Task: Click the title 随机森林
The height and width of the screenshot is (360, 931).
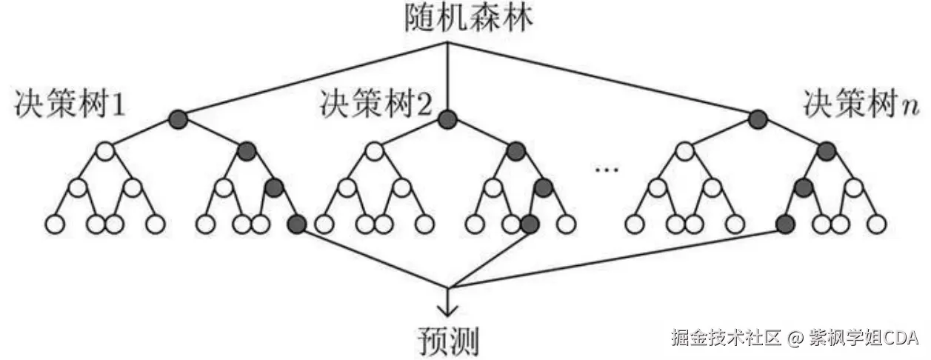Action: pos(447,18)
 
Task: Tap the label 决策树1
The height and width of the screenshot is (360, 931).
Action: pos(70,106)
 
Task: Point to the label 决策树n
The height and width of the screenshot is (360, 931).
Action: pos(860,106)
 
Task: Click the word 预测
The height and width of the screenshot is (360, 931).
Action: pos(446,340)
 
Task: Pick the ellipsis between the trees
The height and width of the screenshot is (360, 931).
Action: pos(607,170)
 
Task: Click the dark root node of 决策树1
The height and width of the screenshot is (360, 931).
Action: pos(177,119)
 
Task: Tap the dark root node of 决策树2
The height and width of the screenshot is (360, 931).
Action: pos(447,119)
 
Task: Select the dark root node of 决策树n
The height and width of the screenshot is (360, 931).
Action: pos(757,119)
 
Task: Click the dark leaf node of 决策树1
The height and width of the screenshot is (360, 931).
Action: pos(297,222)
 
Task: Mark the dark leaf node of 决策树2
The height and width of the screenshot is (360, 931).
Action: pos(530,222)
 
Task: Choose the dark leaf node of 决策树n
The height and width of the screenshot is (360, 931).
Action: pos(785,222)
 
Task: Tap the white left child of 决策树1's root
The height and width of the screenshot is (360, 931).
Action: pos(105,153)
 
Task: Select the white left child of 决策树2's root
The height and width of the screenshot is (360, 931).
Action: pos(375,153)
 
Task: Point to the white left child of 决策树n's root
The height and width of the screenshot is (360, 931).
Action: pos(685,153)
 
